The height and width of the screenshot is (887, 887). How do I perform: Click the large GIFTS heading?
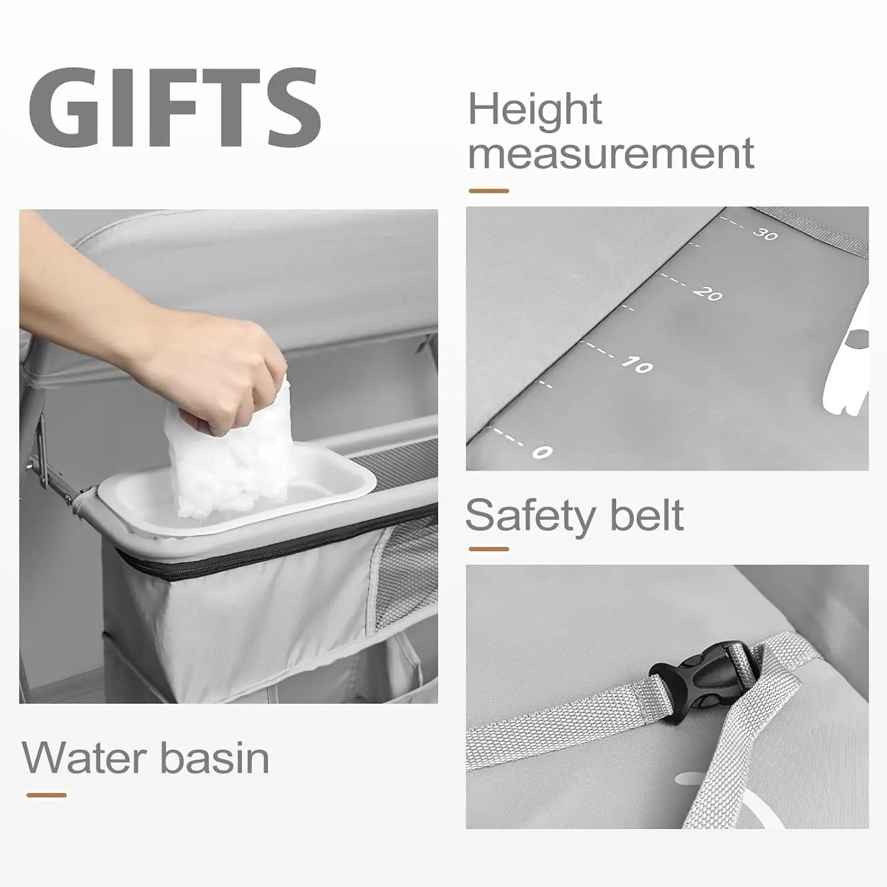point(174,108)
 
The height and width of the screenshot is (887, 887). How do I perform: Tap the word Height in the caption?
point(535,110)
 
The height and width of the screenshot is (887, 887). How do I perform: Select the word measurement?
point(611,153)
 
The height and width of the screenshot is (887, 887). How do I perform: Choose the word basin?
point(215,757)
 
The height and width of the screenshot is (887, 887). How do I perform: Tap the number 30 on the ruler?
point(766,234)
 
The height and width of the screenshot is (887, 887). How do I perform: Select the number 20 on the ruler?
point(708,293)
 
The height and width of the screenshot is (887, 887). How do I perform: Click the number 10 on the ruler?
point(637,365)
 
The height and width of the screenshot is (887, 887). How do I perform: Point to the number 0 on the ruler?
point(542,452)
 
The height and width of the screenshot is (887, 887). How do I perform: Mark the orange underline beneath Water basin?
point(46,795)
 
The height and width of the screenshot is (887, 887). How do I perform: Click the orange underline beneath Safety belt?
point(488,549)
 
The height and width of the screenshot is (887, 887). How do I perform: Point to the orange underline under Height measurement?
point(488,191)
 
